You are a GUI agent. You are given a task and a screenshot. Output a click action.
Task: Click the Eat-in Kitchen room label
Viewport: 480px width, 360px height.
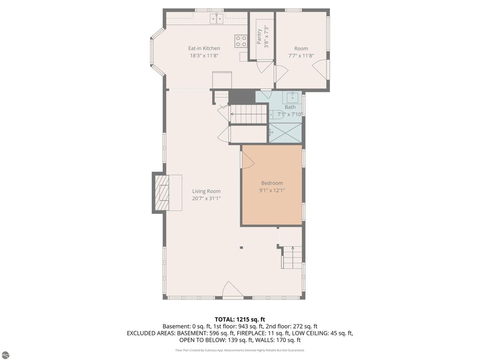click(204, 48)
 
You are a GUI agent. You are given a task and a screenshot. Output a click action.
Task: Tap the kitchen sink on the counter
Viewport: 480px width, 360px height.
click(217, 19)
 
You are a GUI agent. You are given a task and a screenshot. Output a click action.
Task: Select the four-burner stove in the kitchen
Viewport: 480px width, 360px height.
click(241, 41)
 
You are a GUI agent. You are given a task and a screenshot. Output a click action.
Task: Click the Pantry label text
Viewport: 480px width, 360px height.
click(259, 37)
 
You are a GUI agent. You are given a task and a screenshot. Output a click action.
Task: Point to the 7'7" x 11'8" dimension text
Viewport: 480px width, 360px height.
click(301, 56)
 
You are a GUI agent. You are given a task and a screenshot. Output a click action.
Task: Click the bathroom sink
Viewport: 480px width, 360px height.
click(292, 97)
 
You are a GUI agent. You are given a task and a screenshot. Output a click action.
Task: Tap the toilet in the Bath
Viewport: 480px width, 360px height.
click(277, 114)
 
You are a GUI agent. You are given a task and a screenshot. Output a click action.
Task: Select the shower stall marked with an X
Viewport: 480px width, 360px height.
click(285, 133)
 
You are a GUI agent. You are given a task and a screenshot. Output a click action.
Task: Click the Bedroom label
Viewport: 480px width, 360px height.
click(272, 183)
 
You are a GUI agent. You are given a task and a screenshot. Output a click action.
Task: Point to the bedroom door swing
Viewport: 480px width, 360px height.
click(248, 160)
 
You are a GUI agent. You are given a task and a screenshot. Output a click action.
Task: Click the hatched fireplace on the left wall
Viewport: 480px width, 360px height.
click(162, 192)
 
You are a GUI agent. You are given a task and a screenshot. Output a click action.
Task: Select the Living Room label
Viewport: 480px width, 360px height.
click(206, 191)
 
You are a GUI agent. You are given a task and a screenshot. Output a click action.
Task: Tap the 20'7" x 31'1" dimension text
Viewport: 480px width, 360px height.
click(206, 198)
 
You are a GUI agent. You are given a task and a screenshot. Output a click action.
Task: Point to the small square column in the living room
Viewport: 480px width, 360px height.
click(241, 247)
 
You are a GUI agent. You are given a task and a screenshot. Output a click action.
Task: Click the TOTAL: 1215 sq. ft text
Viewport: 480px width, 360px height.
click(240, 320)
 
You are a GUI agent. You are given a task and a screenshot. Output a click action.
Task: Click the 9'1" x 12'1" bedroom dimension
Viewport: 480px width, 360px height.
click(272, 190)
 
